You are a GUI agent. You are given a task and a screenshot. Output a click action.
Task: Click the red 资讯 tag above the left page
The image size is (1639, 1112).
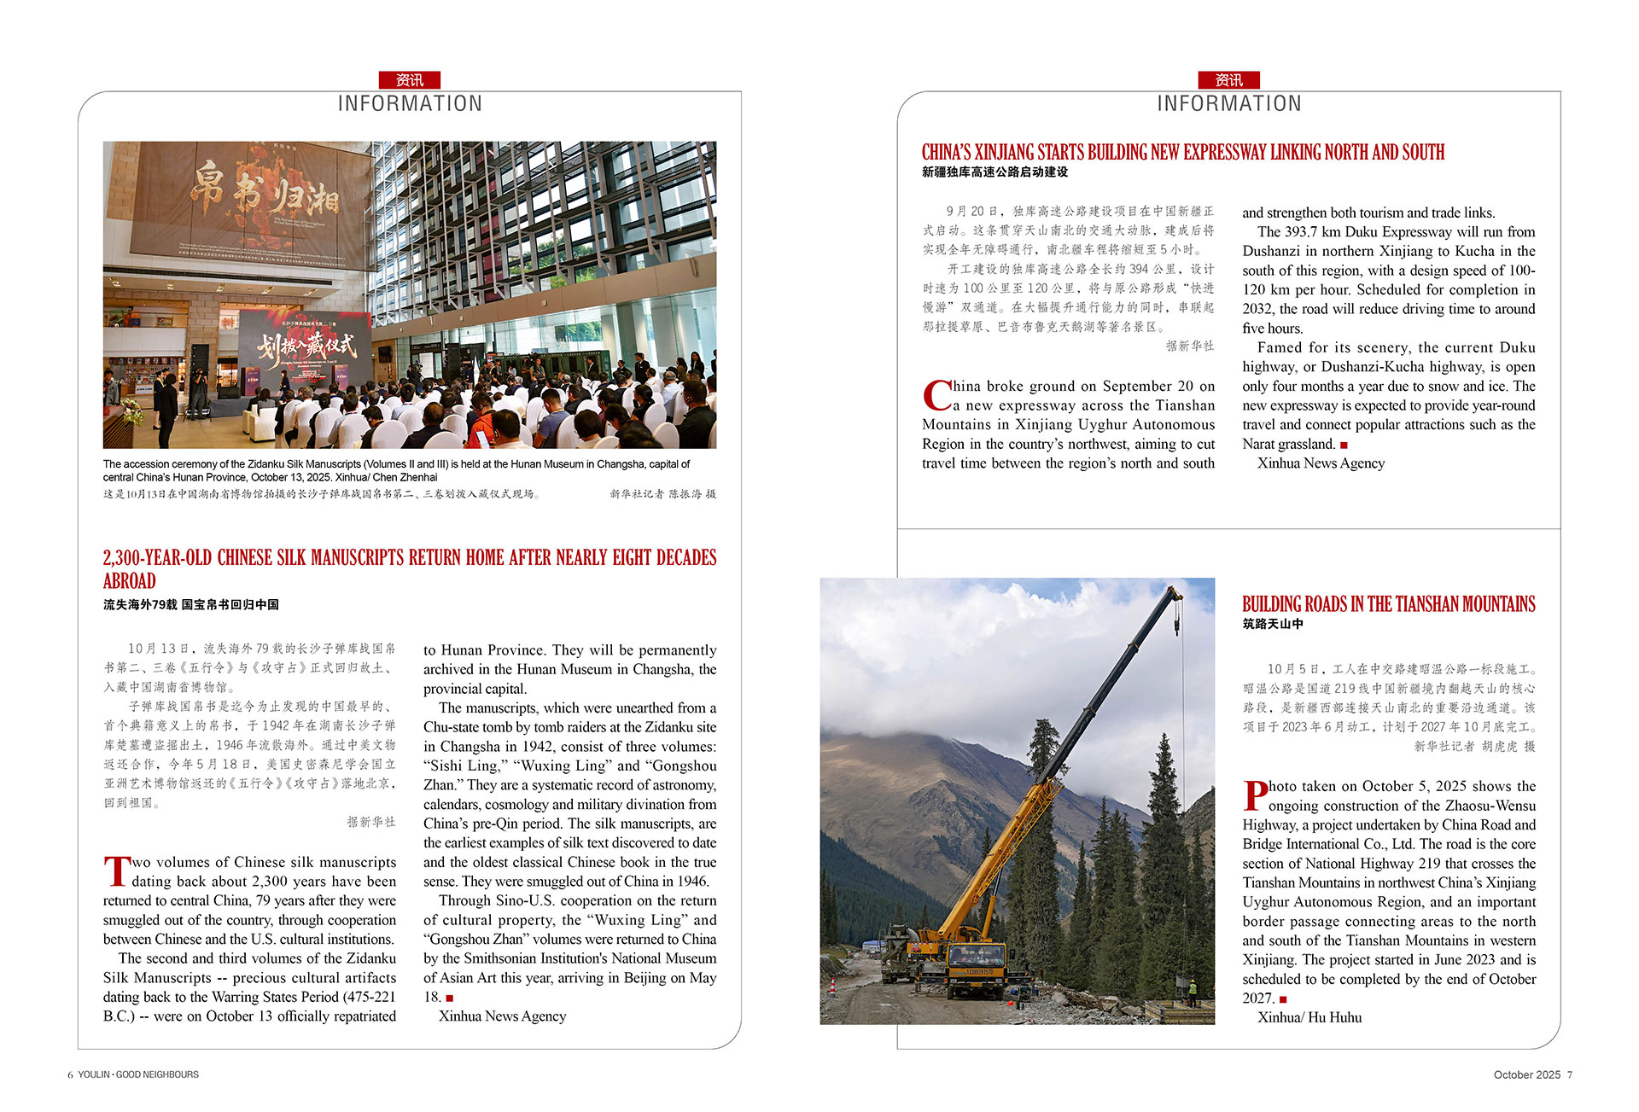coord(410,80)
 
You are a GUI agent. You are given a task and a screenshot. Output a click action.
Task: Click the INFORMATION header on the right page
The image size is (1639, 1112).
coord(1228,104)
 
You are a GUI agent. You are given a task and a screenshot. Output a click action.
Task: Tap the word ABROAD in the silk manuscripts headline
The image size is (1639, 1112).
coord(130,581)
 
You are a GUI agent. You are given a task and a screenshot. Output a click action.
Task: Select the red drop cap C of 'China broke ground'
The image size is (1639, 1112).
coord(936,396)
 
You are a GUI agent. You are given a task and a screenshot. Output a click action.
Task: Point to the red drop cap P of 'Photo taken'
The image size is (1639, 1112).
coord(1255,795)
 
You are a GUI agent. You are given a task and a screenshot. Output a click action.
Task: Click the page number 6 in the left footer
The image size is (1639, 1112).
coord(70,1075)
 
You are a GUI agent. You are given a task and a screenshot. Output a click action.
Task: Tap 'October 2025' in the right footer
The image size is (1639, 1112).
coord(1526,1075)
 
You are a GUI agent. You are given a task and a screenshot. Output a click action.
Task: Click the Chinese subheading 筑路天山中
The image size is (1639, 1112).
coord(1272,624)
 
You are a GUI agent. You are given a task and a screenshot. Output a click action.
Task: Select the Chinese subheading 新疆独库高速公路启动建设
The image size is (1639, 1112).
coord(994,172)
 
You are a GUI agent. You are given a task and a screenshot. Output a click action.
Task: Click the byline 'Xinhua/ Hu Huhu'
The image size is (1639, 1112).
coord(1309,1017)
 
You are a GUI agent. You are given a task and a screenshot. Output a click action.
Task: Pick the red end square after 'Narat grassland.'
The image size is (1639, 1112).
coord(1344,445)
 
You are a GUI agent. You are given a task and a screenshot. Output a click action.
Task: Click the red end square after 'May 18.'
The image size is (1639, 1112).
coord(450,998)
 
